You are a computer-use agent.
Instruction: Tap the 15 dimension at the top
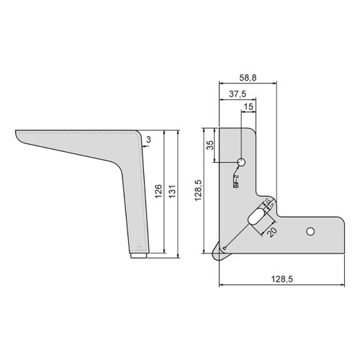[x=248, y=107]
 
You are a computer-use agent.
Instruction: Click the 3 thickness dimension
[x=148, y=138]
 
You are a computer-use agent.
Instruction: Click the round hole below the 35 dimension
[x=242, y=162]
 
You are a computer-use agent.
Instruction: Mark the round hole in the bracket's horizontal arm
[x=310, y=230]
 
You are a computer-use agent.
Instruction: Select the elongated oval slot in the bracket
[x=256, y=217]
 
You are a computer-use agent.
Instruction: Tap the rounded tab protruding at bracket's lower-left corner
[x=217, y=251]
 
